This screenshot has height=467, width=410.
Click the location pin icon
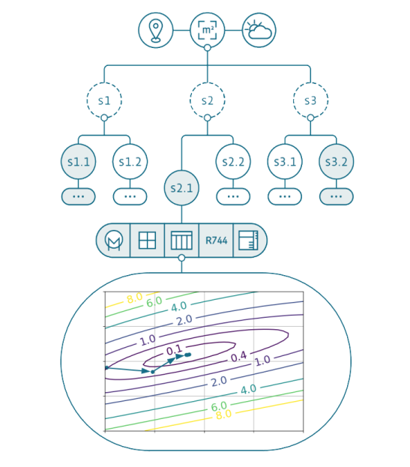coord(155,30)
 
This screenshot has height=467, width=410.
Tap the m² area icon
coord(207,30)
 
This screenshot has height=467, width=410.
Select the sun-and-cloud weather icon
coord(259,30)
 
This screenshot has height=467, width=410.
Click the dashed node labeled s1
coord(103,100)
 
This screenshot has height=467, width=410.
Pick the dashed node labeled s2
coord(207,100)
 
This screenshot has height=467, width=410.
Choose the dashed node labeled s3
coord(310,100)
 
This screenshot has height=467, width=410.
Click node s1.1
coord(78,161)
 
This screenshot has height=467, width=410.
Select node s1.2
coord(130,161)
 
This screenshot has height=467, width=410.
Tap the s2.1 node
coord(181,187)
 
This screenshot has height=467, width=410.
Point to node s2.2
coord(233,161)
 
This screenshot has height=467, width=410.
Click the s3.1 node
coord(285,161)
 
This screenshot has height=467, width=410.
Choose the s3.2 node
coord(336,161)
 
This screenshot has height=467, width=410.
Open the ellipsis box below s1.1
coord(78,196)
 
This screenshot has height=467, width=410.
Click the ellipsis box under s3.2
coord(336,196)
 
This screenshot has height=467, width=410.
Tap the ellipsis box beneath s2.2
coord(233,196)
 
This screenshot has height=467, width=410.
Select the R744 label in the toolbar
coord(216,241)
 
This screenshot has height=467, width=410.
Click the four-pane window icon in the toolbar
coord(147,241)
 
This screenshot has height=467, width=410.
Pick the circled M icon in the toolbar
coord(114,241)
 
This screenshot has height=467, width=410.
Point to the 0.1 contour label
coord(174,349)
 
